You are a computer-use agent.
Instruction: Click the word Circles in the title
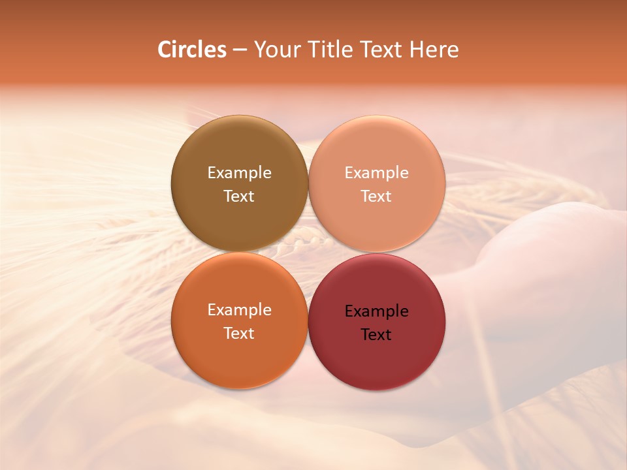click(x=192, y=50)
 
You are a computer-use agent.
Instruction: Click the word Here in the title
click(x=434, y=50)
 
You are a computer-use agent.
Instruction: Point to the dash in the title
click(x=240, y=50)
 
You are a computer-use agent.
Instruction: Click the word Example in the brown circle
click(x=239, y=173)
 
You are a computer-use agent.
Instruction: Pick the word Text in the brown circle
click(x=239, y=196)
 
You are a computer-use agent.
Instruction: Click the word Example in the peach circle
click(x=376, y=173)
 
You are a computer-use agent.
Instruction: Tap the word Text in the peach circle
click(x=376, y=196)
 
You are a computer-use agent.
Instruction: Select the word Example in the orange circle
click(x=239, y=310)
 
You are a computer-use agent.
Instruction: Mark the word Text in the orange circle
click(x=239, y=333)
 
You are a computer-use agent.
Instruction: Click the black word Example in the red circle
click(x=376, y=311)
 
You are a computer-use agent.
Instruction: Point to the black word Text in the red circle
click(x=376, y=334)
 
